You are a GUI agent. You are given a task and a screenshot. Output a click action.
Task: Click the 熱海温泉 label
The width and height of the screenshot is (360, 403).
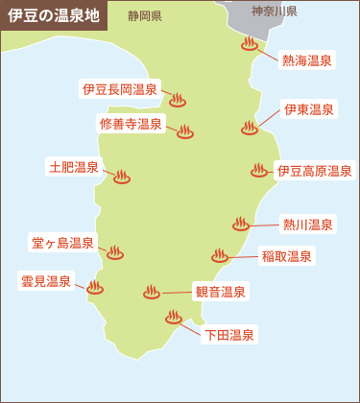pos(307,60)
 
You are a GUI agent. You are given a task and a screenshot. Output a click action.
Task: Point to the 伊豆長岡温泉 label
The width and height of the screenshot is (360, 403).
pos(120,89)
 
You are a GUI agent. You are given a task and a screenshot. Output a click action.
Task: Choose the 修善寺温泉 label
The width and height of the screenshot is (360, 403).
pos(131,124)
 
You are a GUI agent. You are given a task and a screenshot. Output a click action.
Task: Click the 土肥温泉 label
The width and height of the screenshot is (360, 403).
pos(74,167)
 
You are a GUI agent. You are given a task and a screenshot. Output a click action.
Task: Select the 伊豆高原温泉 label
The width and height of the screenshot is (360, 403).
pos(314,171)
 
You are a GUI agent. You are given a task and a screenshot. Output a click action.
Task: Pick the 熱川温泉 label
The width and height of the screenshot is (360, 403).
pos(308,225)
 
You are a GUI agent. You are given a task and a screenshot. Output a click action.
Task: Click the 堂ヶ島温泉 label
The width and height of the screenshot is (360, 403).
pos(62,243)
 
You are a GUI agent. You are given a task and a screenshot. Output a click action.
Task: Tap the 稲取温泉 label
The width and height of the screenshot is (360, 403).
pos(287,256)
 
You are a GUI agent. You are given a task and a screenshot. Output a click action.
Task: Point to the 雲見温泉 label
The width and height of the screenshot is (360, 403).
pos(46,280)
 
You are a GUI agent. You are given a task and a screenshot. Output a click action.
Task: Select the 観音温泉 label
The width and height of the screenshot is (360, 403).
pos(221,291)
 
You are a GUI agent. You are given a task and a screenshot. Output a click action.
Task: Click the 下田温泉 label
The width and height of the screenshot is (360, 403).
pos(229,335)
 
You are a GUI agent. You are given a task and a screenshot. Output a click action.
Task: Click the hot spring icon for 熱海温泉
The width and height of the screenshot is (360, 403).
pos(251,44)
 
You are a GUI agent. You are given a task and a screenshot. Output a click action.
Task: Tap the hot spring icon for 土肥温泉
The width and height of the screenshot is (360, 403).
pos(122,177)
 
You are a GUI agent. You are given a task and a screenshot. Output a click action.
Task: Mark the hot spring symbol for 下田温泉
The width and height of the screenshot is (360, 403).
pos(174,316)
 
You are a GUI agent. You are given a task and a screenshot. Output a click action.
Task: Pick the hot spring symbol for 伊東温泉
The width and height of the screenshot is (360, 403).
pos(250,128)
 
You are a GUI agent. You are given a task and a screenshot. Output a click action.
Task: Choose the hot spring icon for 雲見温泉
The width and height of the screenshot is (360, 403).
pos(95,287)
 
